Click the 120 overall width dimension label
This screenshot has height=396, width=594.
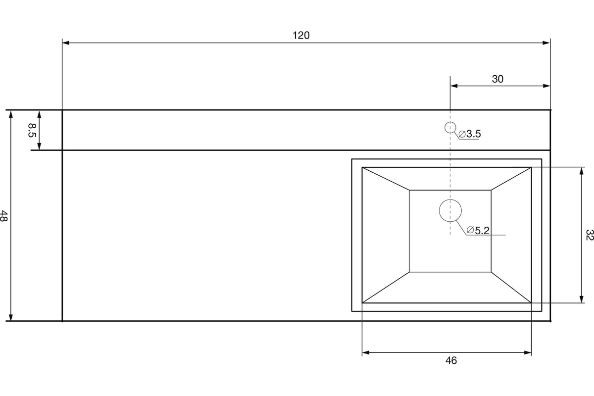click(301, 35)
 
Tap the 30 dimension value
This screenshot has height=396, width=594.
click(497, 79)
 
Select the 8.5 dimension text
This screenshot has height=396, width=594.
click(32, 130)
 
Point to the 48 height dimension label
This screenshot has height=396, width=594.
click(4, 216)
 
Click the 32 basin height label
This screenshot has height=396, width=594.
click(590, 235)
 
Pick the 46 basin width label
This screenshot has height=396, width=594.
click(451, 361)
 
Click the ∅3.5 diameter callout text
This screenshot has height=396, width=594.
click(470, 134)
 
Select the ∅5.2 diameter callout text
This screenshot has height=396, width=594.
click(478, 231)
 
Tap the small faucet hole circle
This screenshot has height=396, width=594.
click(450, 122)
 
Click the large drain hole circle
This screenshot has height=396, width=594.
click(450, 199)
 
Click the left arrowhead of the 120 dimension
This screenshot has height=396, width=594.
click(66, 43)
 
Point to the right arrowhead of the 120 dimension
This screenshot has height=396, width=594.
click(546, 43)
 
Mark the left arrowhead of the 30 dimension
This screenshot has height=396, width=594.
click(454, 86)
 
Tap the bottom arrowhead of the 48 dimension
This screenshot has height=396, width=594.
click(11, 317)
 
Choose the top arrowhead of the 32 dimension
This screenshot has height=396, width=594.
click(582, 171)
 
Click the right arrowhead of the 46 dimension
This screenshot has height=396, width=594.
click(528, 352)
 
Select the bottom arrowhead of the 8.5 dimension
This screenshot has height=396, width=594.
click(39, 147)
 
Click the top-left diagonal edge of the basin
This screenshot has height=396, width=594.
click(386, 179)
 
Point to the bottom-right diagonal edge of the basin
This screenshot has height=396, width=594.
click(511, 287)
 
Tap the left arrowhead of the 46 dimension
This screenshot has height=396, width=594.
click(366, 352)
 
